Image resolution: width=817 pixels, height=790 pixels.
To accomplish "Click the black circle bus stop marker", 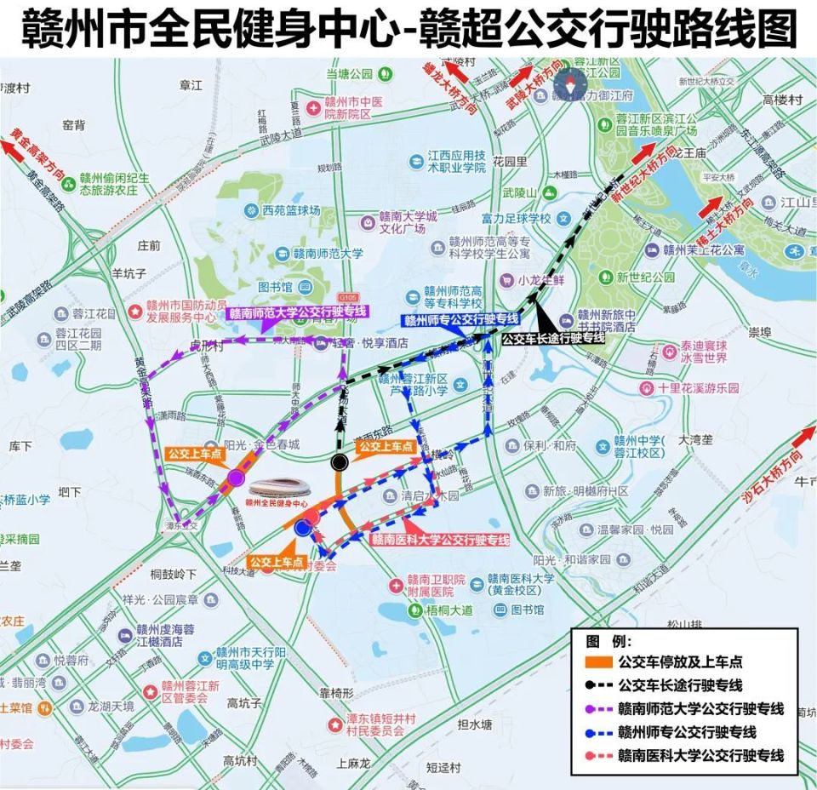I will (x=340, y=462).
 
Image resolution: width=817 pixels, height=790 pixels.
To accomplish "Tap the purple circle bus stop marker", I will (x=236, y=479).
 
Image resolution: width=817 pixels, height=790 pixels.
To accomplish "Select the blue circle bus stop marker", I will (x=302, y=528).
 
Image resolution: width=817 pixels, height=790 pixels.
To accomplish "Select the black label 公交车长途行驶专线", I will (x=553, y=338).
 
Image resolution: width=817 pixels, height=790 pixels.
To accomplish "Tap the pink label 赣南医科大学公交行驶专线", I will (x=439, y=540).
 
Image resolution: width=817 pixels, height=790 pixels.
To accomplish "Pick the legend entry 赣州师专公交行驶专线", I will (x=687, y=732).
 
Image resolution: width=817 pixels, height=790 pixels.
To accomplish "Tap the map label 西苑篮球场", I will (x=290, y=210).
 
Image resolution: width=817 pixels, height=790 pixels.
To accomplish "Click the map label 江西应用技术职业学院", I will (x=456, y=162).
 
